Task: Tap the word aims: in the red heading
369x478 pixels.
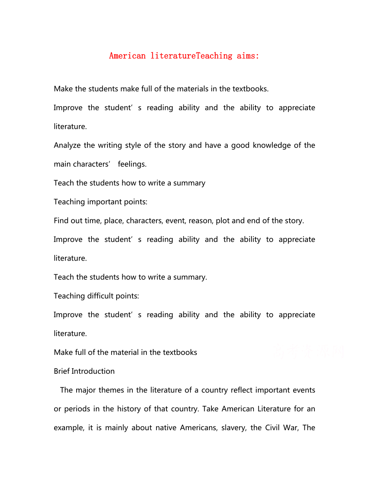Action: coord(248,56)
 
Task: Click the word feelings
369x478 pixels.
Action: coord(132,164)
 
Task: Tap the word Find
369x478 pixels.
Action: coord(61,221)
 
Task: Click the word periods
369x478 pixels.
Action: coord(77,409)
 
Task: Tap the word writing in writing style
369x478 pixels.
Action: coord(105,145)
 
